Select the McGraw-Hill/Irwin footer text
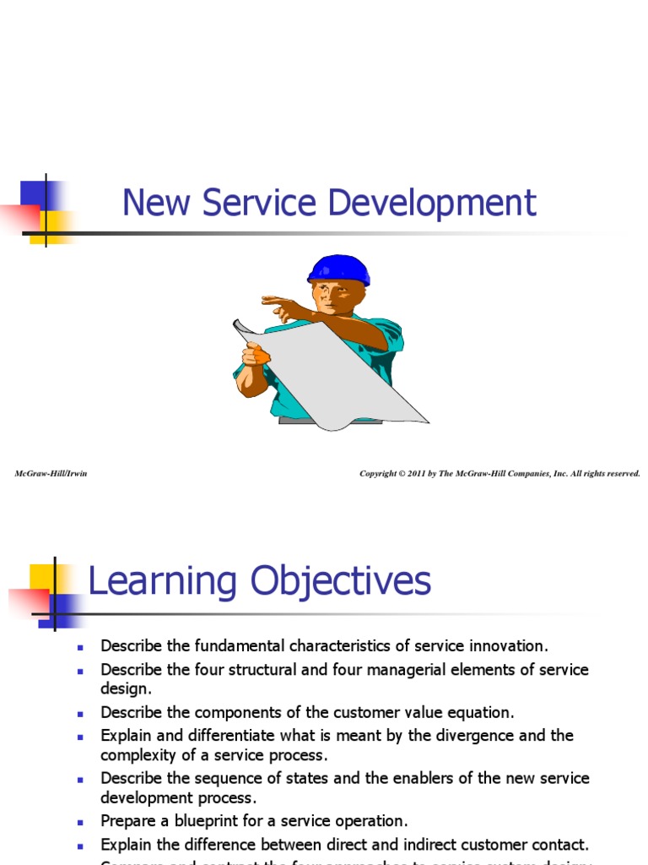pos(51,473)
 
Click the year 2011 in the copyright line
pos(415,473)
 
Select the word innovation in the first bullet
pos(510,646)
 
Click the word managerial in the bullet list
pos(434,669)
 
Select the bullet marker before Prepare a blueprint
pos(82,821)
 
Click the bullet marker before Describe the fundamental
pos(82,647)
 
